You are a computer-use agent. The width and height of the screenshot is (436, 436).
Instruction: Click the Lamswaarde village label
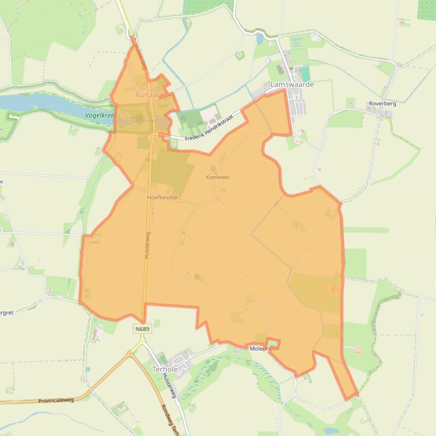(292, 84)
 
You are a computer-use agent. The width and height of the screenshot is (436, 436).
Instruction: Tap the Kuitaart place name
(149, 95)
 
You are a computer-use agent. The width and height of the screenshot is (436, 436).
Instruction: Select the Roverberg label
(382, 104)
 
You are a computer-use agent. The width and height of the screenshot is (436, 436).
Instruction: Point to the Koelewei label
(217, 177)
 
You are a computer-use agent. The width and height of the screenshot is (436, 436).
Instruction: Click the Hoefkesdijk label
(162, 198)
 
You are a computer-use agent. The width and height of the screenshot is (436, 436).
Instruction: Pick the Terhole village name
(165, 369)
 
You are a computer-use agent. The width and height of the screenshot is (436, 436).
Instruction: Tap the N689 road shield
(142, 329)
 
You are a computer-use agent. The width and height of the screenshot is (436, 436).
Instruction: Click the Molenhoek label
(264, 349)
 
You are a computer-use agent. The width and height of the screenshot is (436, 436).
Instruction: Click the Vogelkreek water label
(99, 116)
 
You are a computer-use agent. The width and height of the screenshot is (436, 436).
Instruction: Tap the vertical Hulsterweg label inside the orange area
(147, 245)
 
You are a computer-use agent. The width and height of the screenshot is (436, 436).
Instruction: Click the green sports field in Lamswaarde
(305, 74)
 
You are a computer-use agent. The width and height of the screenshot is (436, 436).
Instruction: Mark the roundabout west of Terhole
(131, 353)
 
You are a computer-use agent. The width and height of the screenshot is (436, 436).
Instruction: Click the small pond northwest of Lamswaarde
(260, 39)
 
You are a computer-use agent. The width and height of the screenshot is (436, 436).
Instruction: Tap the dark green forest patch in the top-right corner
(426, 8)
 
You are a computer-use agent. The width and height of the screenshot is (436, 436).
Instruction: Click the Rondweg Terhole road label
(168, 419)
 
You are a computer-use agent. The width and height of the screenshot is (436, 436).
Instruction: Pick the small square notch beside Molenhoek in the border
(273, 343)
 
